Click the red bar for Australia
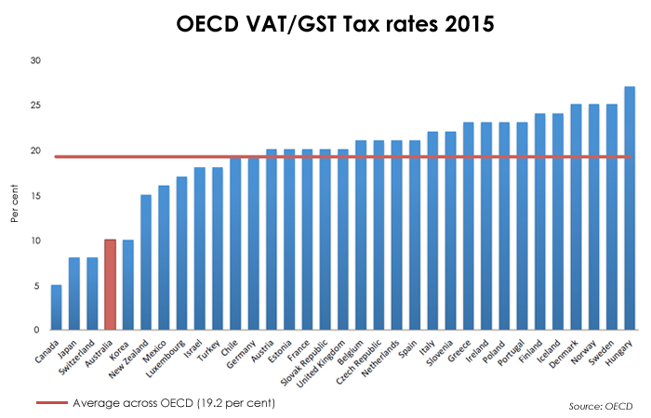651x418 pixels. point(111,284)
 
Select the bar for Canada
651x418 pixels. point(57,307)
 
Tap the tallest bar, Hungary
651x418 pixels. point(630,208)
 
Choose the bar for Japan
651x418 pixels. point(74,294)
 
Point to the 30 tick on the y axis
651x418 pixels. point(35,61)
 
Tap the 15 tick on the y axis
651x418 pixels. point(35,196)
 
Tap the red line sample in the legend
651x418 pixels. point(52,403)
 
